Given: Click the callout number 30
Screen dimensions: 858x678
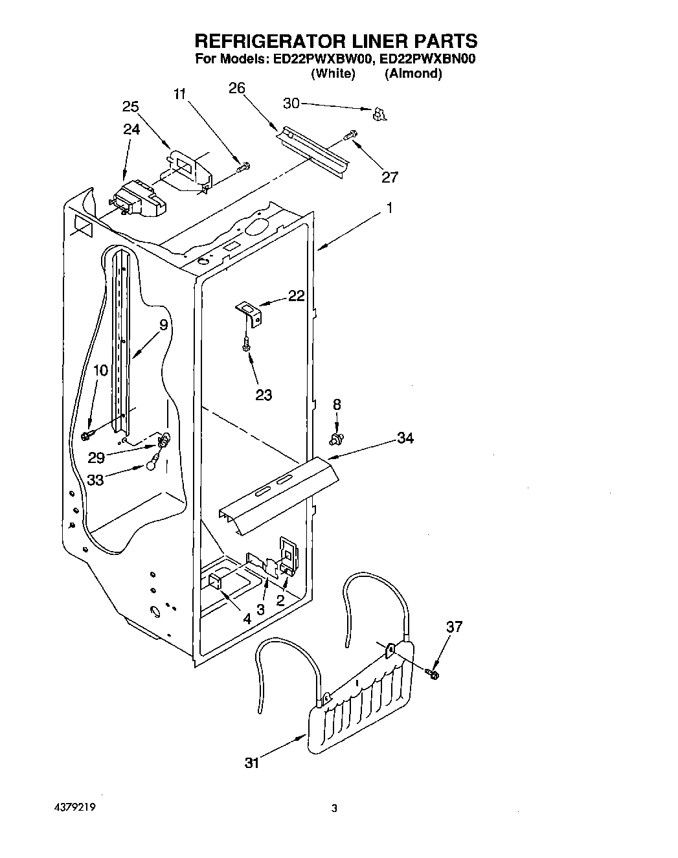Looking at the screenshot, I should [291, 103].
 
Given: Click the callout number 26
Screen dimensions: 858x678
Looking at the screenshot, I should [237, 88].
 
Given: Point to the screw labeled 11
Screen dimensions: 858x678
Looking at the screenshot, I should [243, 167].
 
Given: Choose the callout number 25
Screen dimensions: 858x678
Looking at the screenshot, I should [131, 107].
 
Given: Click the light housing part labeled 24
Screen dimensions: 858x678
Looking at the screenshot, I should [137, 199].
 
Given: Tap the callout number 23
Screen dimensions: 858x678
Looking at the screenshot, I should [264, 394].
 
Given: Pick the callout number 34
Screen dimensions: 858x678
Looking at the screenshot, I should [405, 438].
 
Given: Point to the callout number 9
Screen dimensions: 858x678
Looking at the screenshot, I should [163, 324].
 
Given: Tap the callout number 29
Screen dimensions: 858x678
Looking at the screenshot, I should [96, 458].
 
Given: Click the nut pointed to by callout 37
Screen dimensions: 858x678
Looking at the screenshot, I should [433, 674].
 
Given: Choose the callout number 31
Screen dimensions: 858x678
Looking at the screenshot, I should [252, 763].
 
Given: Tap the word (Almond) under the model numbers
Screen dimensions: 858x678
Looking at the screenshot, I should [413, 74].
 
